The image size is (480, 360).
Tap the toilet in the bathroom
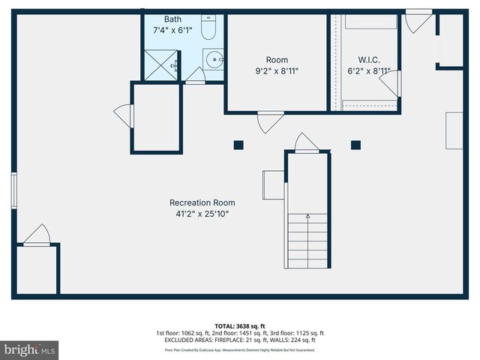(209, 29)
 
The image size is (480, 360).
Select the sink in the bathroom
(214, 58)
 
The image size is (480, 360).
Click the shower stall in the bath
(161, 64)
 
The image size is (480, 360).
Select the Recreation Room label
(202, 202)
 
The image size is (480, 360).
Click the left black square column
(238, 145)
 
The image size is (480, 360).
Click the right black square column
(355, 145)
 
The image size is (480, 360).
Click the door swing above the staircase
(306, 142)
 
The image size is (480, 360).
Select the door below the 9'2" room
(269, 122)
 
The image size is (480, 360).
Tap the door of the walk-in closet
(391, 83)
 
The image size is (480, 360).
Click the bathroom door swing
(195, 74)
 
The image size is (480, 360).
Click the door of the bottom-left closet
(36, 235)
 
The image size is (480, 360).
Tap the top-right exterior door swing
(417, 21)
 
